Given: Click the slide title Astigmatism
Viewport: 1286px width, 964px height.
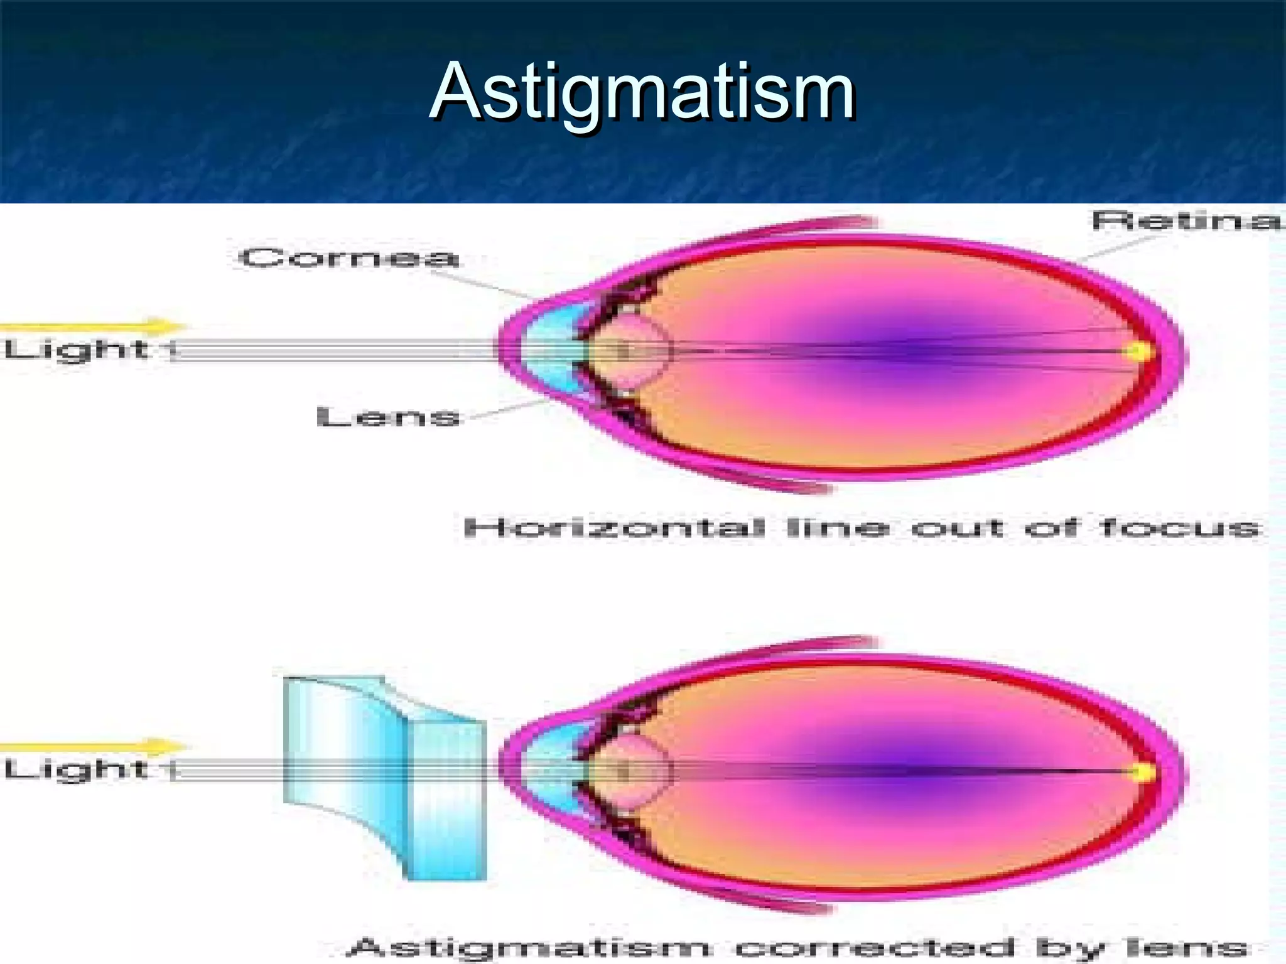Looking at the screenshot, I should point(642,92).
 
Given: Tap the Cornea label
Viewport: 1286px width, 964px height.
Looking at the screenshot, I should point(349,258).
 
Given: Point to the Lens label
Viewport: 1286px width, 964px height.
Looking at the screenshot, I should point(388,417).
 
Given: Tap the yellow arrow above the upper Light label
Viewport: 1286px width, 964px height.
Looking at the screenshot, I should point(94,327).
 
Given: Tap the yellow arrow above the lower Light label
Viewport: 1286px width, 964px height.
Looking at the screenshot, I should point(94,747).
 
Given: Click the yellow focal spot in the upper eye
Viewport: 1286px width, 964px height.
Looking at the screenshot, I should point(1137,351).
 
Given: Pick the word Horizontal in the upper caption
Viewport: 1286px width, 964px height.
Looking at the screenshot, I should point(614,528).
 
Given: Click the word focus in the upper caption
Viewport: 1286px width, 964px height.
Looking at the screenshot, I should point(1181,528).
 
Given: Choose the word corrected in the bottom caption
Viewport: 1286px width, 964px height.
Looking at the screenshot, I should point(876,946).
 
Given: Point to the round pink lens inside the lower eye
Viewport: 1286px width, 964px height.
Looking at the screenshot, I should point(631,771).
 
